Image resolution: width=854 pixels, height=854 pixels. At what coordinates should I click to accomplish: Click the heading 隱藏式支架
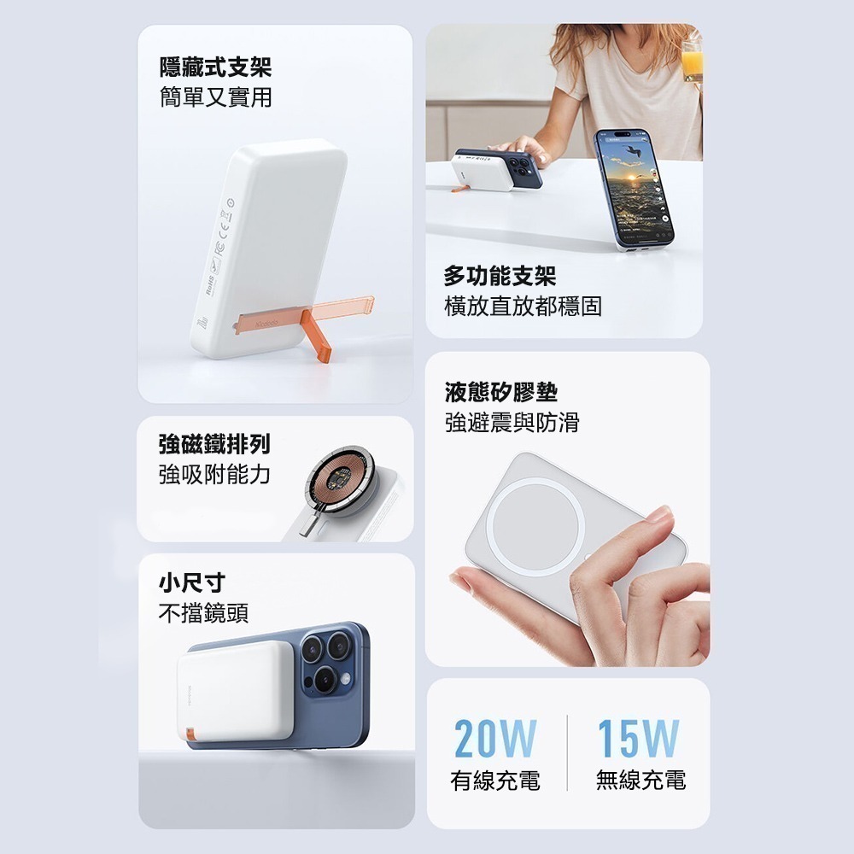pyautogui.click(x=215, y=66)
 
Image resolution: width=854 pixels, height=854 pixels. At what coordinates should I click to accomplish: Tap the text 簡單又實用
pyautogui.click(x=215, y=97)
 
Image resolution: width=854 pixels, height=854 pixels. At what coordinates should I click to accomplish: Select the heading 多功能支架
pyautogui.click(x=500, y=275)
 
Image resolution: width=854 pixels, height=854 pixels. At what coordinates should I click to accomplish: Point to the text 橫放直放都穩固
pyautogui.click(x=523, y=306)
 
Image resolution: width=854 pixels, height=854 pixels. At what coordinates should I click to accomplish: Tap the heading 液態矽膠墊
pyautogui.click(x=500, y=392)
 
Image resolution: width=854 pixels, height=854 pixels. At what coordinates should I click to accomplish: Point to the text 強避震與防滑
pyautogui.click(x=512, y=422)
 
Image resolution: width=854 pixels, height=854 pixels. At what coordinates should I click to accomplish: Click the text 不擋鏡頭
pyautogui.click(x=203, y=612)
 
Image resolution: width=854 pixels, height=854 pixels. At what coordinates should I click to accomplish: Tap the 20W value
pyautogui.click(x=495, y=739)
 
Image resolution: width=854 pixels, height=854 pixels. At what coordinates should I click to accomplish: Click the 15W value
pyautogui.click(x=638, y=739)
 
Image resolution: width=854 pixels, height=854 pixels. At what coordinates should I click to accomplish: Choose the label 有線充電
pyautogui.click(x=495, y=780)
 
